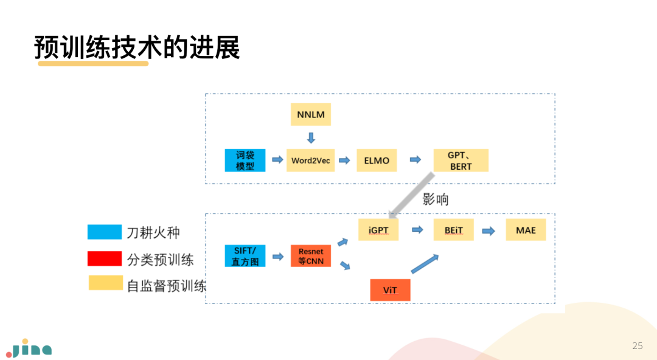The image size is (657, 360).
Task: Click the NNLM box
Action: pos(311,114)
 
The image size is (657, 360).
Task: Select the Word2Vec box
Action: pos(310,161)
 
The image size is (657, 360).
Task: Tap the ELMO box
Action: pos(377,161)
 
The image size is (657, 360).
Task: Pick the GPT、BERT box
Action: pos(460,161)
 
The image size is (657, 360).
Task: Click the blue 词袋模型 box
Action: pos(245,161)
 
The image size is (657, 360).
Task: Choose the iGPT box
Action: pos(378,230)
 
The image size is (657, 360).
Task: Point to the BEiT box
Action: pos(454,230)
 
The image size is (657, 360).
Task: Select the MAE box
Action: pos(526,230)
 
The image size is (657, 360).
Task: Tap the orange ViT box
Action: pos(390,289)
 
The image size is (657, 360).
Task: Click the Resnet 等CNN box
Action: pos(311,256)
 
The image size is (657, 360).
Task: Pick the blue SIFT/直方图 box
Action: pos(245,256)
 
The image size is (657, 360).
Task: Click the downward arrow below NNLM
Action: pos(311,137)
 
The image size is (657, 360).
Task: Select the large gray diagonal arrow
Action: pos(412,195)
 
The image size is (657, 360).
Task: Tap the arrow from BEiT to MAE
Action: pos(488,230)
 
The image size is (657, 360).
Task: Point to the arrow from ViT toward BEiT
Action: pos(425,265)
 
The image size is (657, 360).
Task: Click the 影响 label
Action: pos(436,199)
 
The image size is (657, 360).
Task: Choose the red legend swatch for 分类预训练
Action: pos(105,259)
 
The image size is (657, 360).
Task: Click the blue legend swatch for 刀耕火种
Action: pos(105,232)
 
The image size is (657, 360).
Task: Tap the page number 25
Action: pos(638,346)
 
